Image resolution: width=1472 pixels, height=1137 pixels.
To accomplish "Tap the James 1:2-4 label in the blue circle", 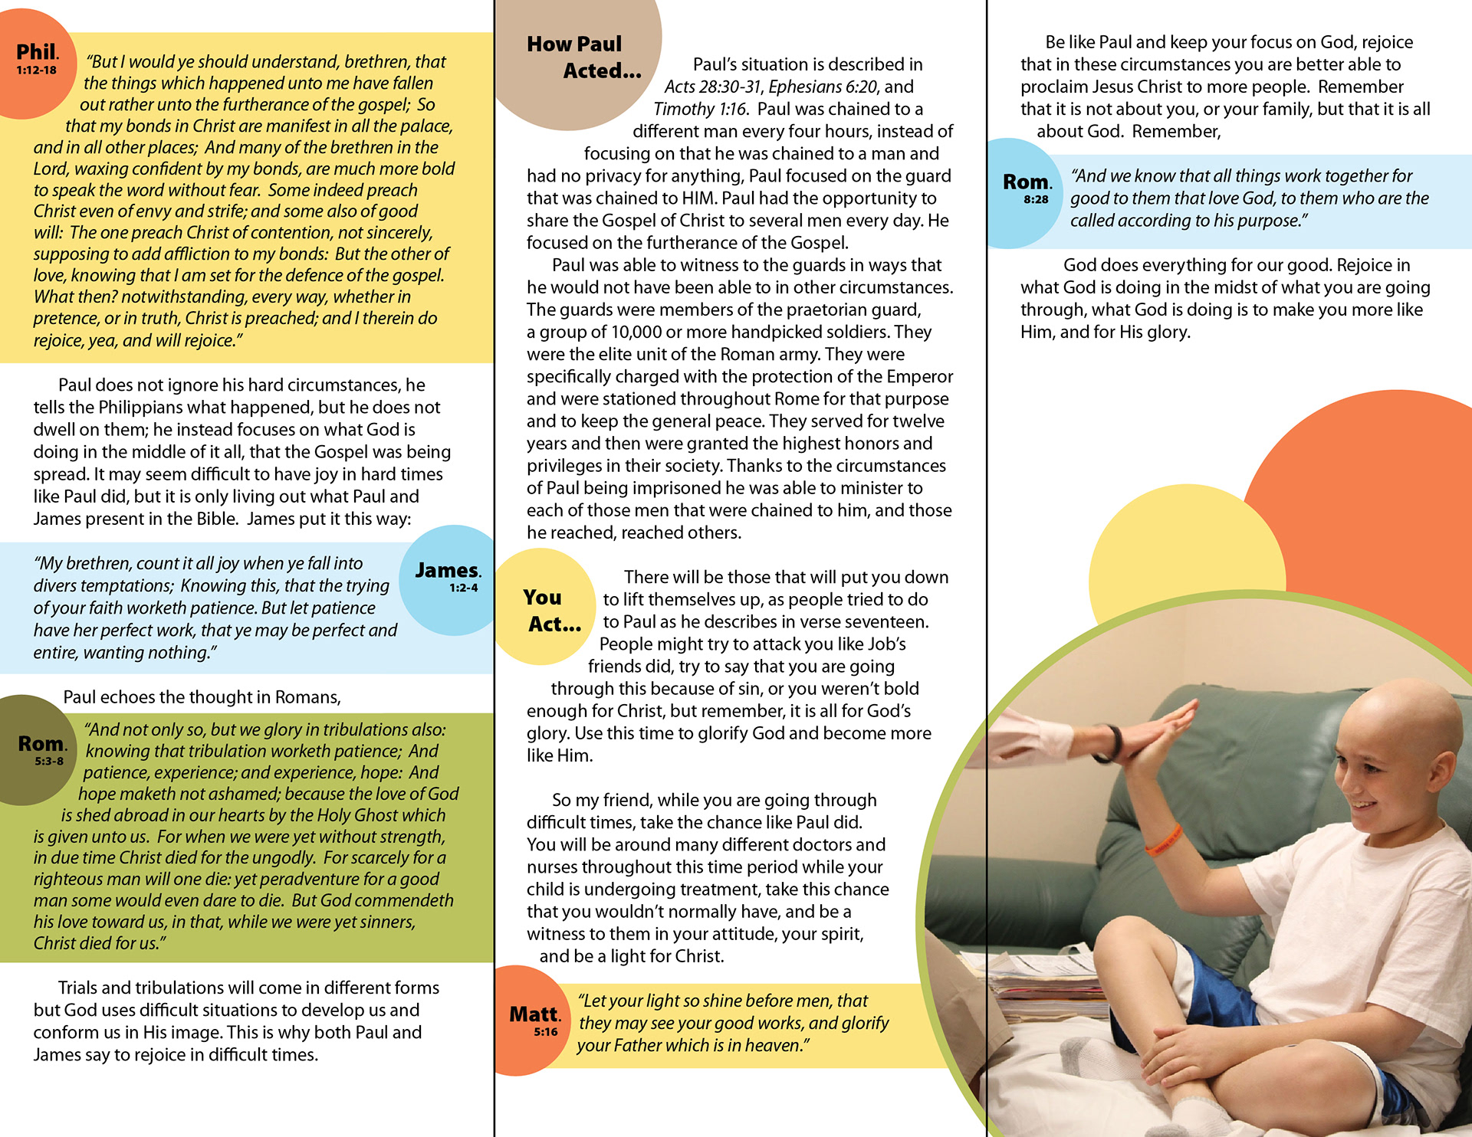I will (448, 576).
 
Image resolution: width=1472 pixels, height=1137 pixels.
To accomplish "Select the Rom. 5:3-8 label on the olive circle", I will (42, 749).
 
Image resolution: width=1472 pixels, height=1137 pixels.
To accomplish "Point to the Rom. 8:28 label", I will (1027, 187).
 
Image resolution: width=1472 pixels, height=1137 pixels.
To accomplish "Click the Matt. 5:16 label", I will (535, 1019).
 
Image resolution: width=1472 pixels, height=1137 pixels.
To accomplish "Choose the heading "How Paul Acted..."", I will (583, 57).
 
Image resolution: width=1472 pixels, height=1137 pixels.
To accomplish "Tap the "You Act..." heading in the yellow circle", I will (550, 611).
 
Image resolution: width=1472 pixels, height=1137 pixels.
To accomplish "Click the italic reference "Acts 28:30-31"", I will (713, 87).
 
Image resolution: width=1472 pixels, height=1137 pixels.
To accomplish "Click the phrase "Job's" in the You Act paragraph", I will (887, 644).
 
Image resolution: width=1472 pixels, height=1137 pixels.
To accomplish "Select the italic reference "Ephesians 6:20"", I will (824, 87).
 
